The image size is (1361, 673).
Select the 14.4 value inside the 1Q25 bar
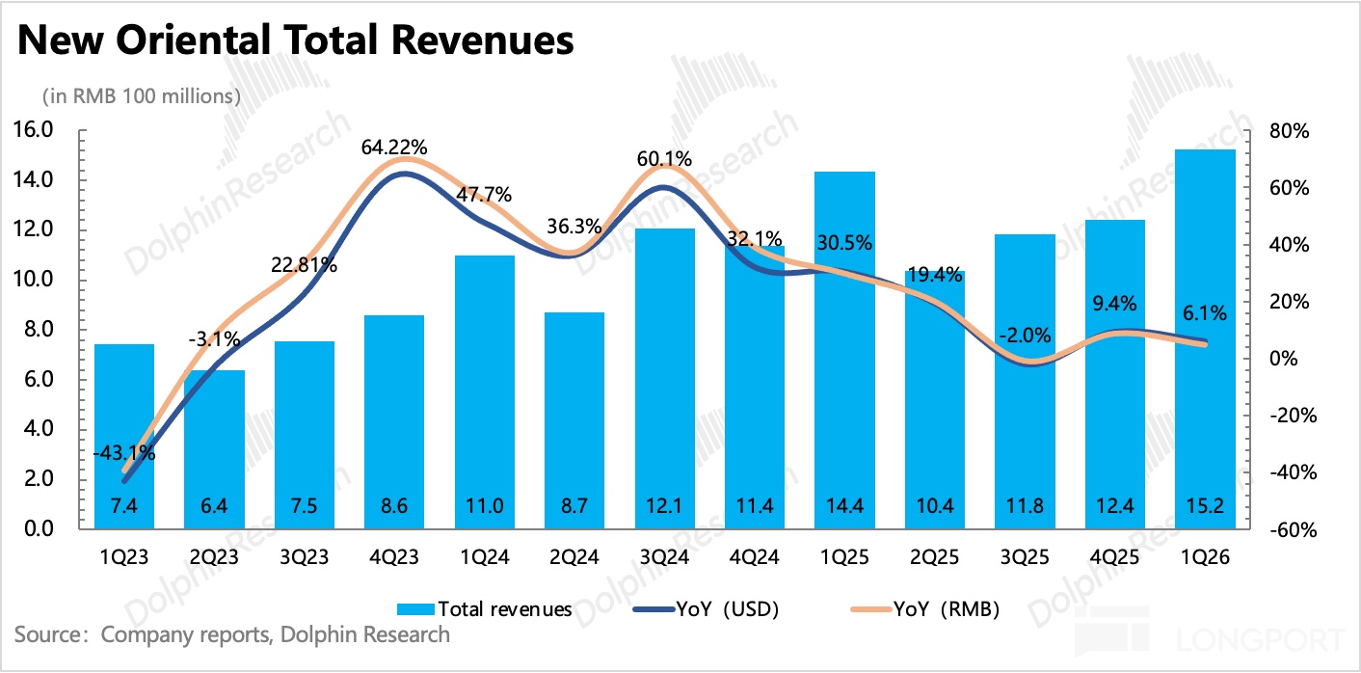844,504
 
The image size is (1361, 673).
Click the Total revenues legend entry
485,608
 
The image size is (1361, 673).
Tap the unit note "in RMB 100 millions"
140,96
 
